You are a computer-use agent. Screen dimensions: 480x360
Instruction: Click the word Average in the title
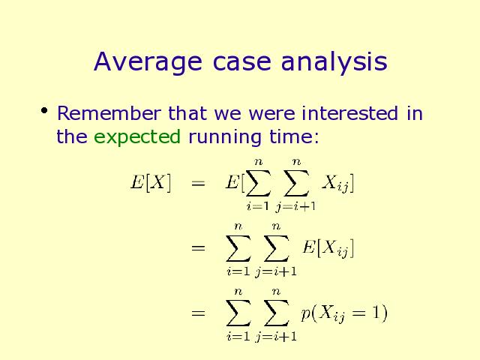[148, 62]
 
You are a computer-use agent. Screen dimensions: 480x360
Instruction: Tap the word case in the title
[241, 62]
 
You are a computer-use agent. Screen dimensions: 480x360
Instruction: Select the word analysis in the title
[334, 62]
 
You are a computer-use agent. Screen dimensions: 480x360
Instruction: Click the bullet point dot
[44, 110]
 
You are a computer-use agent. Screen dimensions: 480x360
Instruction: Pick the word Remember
[109, 113]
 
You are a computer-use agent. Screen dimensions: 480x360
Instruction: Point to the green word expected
[137, 136]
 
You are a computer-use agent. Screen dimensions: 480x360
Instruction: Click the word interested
[350, 113]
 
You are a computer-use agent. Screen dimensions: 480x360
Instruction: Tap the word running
[225, 136]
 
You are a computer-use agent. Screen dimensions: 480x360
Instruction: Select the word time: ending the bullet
[294, 136]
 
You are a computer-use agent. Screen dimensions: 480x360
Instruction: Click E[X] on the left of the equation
[151, 183]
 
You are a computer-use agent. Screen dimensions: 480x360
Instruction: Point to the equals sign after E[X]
[198, 183]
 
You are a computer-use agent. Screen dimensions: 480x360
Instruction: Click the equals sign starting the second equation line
[198, 247]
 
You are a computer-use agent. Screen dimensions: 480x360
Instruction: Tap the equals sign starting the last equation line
[198, 313]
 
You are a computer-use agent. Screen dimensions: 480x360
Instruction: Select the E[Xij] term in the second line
[328, 248]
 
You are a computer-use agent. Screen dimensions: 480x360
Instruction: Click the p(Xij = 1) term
[344, 313]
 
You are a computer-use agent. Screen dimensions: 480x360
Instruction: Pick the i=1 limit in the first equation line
[258, 206]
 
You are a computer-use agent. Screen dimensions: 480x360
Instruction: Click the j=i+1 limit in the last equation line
[276, 337]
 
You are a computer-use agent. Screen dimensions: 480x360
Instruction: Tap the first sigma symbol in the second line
[238, 248]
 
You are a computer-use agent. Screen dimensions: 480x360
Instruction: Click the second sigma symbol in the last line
[277, 313]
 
